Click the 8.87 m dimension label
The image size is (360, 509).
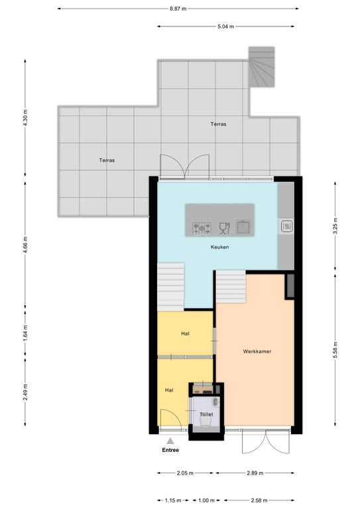tap(178, 9)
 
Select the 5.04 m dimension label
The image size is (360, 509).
tap(225, 27)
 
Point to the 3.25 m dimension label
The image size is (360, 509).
tap(335, 226)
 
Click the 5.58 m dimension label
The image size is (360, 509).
tap(335, 350)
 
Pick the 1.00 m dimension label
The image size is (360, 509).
tap(206, 500)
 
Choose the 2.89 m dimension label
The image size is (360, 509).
tap(255, 473)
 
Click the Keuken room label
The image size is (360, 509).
tap(219, 247)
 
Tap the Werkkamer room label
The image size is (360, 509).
tap(257, 351)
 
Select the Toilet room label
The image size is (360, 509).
tap(206, 414)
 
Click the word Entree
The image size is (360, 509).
tap(170, 450)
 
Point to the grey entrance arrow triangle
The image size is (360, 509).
tap(170, 441)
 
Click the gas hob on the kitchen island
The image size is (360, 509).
tap(202, 228)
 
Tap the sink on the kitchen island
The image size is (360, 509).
tap(243, 227)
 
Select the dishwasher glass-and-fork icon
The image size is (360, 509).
tap(224, 228)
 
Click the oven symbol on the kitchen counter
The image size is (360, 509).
tap(286, 226)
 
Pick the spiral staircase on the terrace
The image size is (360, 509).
tap(262, 67)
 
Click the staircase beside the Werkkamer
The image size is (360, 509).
tap(231, 286)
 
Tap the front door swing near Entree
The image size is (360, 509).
tap(171, 418)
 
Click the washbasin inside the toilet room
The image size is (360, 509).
tap(216, 402)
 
